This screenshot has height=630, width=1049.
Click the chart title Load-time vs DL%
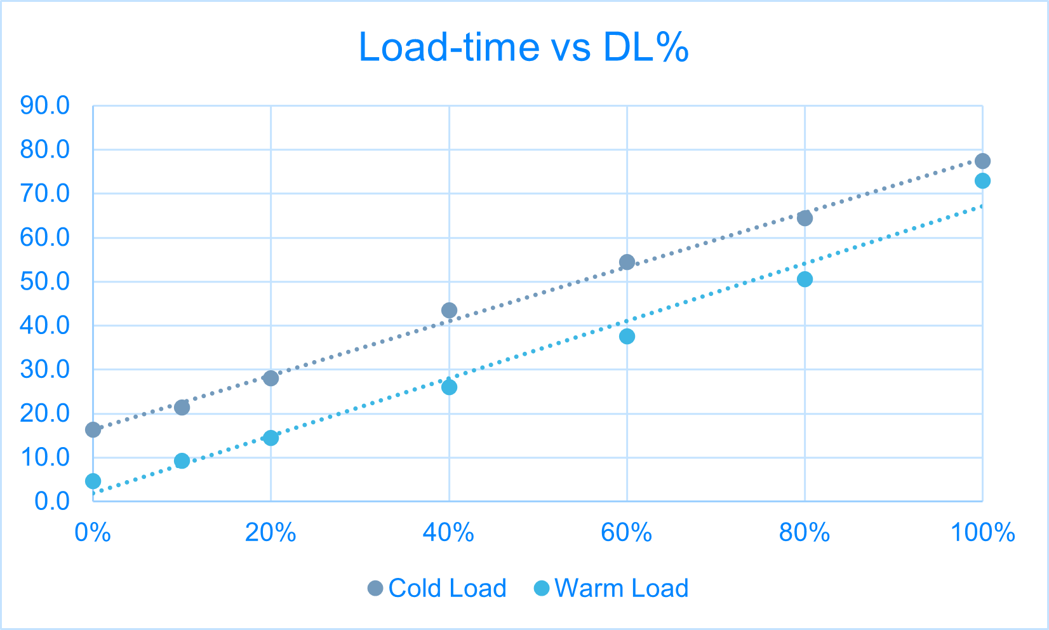point(524,47)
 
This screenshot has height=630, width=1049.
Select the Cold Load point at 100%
point(982,161)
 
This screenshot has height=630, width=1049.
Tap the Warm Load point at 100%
point(982,181)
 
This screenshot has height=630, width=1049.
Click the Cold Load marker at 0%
point(93,430)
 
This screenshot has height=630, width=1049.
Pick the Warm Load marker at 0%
point(93,481)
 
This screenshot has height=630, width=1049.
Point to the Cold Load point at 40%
point(449,311)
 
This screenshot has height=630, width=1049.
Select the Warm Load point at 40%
point(449,387)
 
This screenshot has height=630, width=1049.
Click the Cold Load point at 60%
point(627,262)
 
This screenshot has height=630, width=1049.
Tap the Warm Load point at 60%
point(627,337)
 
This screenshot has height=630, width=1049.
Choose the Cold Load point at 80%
point(805,218)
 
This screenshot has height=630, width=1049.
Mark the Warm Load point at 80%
point(805,279)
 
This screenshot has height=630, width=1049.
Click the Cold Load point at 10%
point(182,408)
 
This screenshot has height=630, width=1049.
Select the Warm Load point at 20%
point(271,438)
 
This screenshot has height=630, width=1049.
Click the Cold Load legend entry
point(438,588)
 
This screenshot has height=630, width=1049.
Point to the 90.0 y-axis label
point(44,106)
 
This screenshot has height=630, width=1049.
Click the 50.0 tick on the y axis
point(44,282)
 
